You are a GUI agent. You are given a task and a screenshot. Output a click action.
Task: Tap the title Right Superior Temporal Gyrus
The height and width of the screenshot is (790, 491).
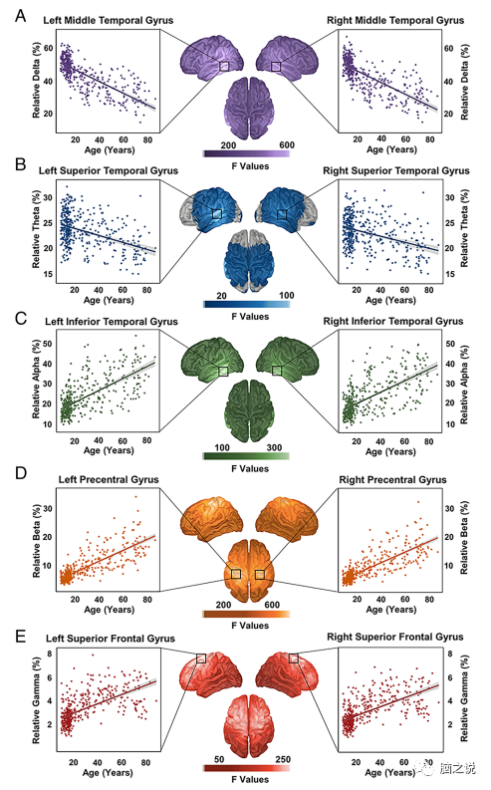tap(393, 171)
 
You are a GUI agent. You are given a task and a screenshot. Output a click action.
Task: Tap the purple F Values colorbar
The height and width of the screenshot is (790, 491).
tap(246, 153)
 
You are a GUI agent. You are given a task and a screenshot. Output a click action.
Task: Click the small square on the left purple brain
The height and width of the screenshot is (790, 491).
tap(223, 66)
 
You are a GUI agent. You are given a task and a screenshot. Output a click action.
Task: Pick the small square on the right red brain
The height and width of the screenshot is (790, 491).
tap(293, 658)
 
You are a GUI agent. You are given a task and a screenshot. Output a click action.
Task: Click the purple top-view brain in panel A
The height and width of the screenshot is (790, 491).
tap(246, 109)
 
